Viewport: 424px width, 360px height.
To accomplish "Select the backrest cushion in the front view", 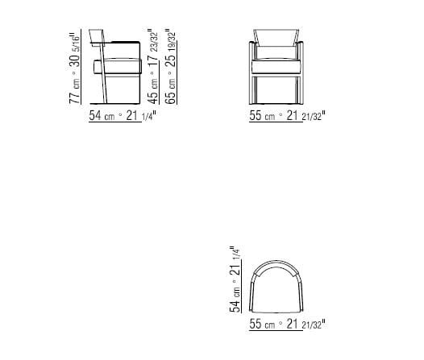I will click(x=276, y=38).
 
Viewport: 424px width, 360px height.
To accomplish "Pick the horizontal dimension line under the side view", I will click(x=121, y=108).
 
